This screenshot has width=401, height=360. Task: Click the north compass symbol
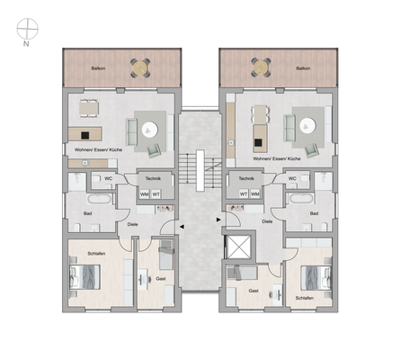coord(27,29)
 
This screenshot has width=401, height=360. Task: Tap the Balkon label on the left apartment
coord(97,67)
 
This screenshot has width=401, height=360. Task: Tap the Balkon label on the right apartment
coord(303,67)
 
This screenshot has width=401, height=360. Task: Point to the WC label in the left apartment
coord(107,178)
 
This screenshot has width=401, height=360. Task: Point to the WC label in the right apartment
coord(292,178)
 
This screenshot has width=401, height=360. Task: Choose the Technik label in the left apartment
coord(153,178)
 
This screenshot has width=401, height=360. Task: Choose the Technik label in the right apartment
coord(245,178)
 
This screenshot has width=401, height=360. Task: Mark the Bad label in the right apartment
coord(314,213)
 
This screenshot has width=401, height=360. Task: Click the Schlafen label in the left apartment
coord(96,256)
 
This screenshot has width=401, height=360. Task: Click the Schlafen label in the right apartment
coord(304,297)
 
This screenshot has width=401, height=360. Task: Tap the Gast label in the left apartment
coord(161,279)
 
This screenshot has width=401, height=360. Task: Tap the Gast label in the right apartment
coord(254,291)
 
